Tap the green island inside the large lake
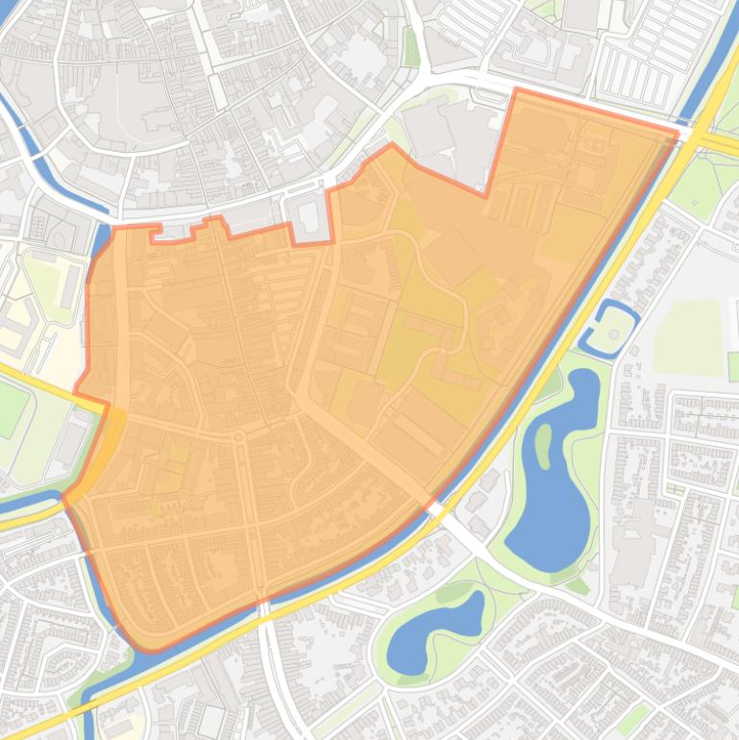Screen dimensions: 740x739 (x=544, y=444)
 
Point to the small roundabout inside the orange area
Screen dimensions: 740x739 (x=237, y=437)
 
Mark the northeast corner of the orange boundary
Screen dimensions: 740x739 (x=676, y=136)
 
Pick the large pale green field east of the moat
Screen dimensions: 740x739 (x=687, y=336)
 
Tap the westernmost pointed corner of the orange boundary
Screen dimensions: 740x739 (x=65, y=498)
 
